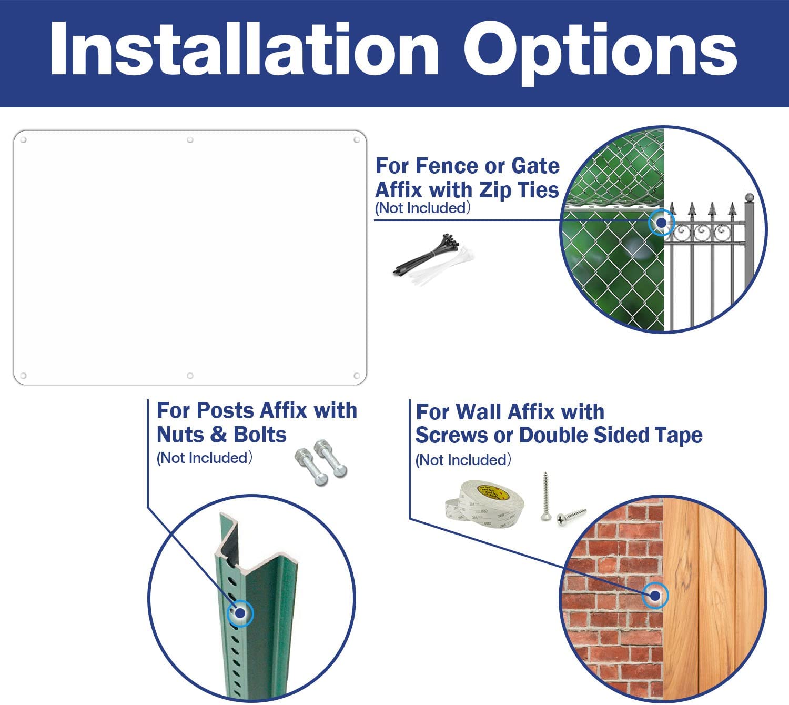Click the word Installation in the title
(244, 48)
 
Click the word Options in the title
(600, 54)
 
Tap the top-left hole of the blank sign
(23, 140)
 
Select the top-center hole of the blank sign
(190, 140)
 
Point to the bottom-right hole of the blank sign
(357, 376)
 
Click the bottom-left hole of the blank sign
(23, 376)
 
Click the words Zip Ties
(519, 190)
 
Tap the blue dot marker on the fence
(661, 223)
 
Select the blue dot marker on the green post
(240, 613)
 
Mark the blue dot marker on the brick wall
(655, 596)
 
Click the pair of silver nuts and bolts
(321, 462)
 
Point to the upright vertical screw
(545, 496)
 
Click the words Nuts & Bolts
(221, 435)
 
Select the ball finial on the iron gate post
(749, 197)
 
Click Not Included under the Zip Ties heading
(422, 208)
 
